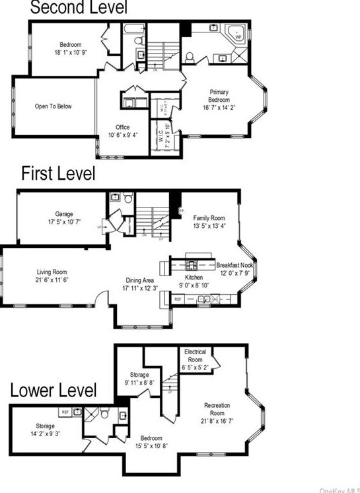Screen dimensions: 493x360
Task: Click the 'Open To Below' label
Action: [54, 106]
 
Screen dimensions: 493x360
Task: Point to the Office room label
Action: [122, 127]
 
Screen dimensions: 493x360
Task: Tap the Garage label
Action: [64, 214]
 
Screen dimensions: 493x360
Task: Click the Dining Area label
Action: [140, 280]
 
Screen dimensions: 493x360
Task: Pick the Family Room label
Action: [209, 217]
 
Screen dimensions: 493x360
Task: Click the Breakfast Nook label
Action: [234, 265]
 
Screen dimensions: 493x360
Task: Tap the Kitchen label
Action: [194, 278]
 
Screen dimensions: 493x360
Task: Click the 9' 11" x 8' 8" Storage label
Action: [139, 376]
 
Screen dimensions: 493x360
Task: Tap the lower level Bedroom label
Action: [151, 437]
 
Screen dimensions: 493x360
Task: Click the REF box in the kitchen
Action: [178, 299]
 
